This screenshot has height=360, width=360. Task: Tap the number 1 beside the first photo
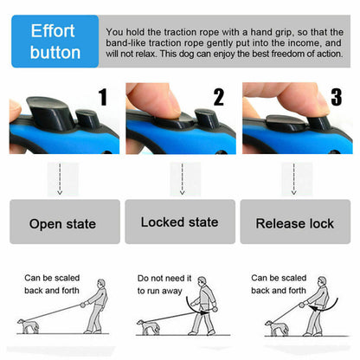102,97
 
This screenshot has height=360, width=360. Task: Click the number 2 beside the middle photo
218,97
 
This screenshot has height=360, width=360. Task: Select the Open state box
62,223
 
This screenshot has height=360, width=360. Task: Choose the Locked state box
179,222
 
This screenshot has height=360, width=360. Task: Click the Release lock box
294,223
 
